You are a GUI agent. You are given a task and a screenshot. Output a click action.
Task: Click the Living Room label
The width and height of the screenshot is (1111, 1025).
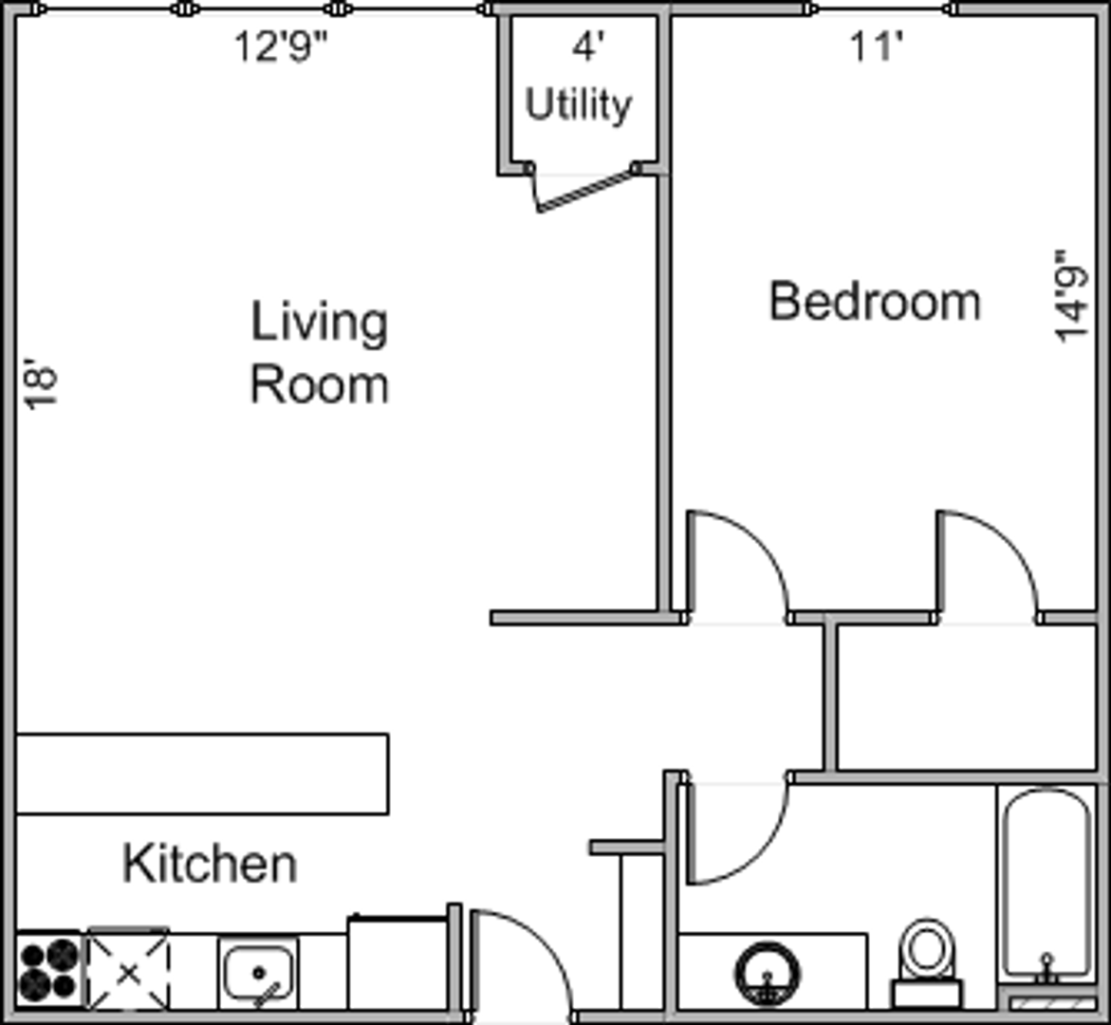[320, 352]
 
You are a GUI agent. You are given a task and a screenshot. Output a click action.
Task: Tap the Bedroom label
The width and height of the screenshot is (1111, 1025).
[875, 301]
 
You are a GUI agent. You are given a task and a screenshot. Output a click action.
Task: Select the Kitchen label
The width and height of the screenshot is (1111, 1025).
[210, 864]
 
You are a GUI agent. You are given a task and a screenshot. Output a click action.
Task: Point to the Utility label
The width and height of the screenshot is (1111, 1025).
[578, 105]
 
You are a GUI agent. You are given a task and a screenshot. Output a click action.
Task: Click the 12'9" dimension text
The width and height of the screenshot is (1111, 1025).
[281, 47]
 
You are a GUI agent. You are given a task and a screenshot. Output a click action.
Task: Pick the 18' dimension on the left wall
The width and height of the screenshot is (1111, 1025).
[41, 383]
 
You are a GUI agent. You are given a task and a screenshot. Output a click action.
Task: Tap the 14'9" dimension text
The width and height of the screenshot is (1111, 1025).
[1071, 295]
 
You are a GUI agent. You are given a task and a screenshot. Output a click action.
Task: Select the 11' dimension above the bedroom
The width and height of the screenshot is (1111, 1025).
[877, 47]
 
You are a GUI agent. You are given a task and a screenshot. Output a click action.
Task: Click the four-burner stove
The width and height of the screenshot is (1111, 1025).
[49, 969]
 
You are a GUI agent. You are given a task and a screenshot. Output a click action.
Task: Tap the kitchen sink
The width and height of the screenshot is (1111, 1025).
[258, 973]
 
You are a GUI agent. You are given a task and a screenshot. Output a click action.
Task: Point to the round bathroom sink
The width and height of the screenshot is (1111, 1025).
[768, 973]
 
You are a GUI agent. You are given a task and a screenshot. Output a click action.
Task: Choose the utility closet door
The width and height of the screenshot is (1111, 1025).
[583, 189]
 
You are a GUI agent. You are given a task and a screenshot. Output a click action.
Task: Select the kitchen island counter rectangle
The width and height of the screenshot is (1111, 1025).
[202, 774]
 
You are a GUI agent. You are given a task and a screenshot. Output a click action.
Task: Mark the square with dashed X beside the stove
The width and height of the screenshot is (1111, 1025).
[128, 968]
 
